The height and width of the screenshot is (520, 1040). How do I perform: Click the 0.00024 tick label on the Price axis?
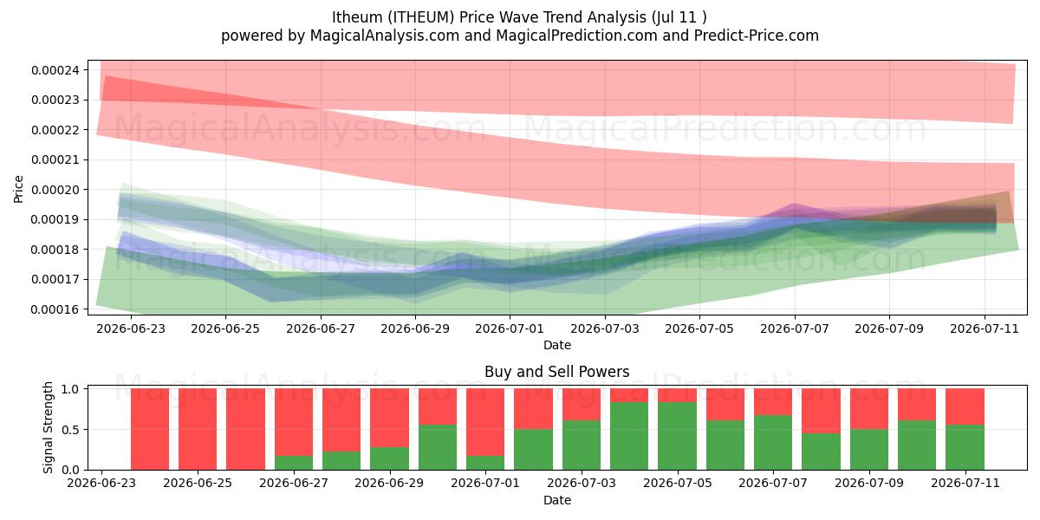pos(55,70)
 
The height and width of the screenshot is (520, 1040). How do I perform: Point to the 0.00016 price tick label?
pos(55,309)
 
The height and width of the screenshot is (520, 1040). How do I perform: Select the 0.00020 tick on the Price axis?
pos(55,190)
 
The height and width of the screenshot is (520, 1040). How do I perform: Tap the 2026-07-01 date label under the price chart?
pos(510,328)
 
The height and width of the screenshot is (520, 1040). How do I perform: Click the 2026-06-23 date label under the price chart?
pos(131,328)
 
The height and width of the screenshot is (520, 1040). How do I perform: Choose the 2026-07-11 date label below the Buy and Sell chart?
pos(965,483)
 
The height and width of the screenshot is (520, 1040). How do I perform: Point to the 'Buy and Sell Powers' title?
pos(556,372)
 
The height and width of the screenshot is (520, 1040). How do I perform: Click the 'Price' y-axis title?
pos(18,189)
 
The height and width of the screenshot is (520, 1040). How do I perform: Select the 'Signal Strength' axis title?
pos(48,427)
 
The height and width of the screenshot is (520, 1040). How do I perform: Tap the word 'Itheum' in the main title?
pos(350,17)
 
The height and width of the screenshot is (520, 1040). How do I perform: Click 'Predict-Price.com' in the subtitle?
pos(757,36)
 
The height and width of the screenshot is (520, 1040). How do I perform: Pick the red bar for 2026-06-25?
pos(198,429)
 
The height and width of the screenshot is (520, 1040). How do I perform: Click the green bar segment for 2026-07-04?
pos(629,436)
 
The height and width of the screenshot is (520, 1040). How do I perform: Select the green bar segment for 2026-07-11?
pos(965,447)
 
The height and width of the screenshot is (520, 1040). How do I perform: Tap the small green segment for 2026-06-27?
pos(294,463)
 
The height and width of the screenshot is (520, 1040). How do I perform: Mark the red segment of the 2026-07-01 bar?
pos(485,422)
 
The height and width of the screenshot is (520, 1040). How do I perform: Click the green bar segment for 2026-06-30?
pos(438,447)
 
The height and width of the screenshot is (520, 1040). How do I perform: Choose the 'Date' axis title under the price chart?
pos(556,346)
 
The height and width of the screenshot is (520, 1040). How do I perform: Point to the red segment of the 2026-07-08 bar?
pos(821,411)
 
